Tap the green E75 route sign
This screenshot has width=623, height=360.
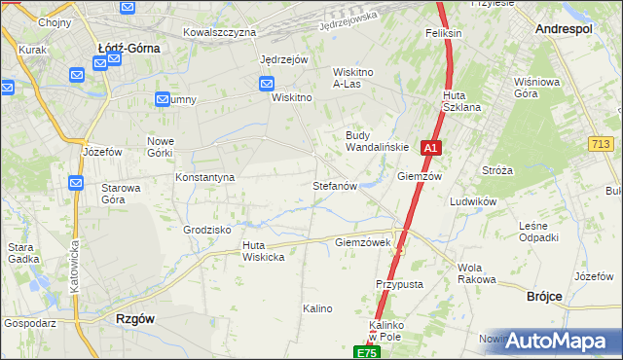(x=365, y=352)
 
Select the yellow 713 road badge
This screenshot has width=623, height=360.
(x=601, y=144)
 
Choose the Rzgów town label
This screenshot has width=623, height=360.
(x=135, y=318)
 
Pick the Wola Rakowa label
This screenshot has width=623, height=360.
(x=476, y=273)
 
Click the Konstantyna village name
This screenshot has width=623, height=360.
(x=204, y=178)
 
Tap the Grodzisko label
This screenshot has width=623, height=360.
(x=206, y=230)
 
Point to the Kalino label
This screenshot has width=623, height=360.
(x=317, y=308)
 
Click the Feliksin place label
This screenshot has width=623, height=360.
(x=443, y=33)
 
